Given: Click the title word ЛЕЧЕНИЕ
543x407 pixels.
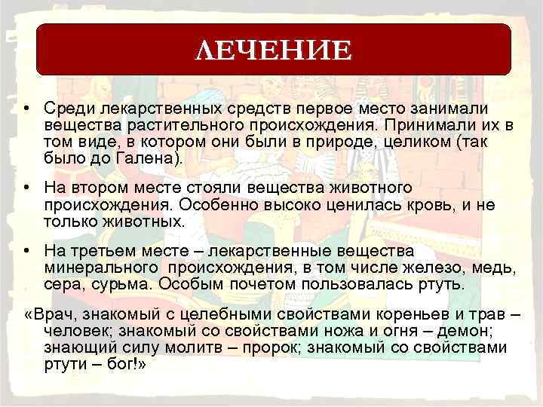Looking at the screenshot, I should click(x=272, y=51).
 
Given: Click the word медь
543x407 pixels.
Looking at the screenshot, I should click(x=494, y=268).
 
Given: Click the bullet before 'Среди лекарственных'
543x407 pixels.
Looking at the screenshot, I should click(x=27, y=110).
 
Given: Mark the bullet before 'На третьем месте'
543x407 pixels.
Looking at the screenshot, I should click(x=27, y=252).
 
